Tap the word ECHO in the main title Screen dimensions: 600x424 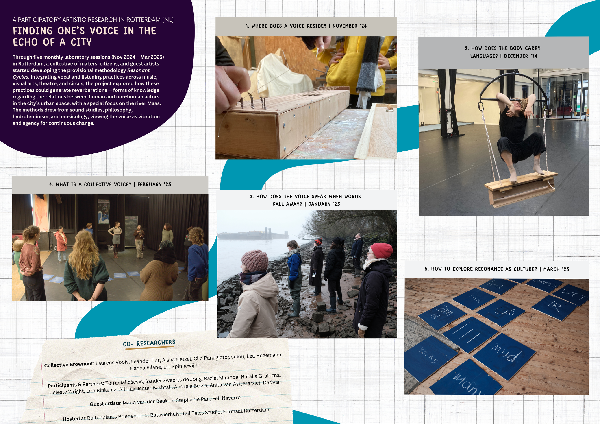pyautogui.click(x=25, y=42)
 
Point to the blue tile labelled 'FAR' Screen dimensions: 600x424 pyautogui.click(x=474, y=299)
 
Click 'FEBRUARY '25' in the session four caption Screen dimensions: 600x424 pyautogui.click(x=154, y=184)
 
